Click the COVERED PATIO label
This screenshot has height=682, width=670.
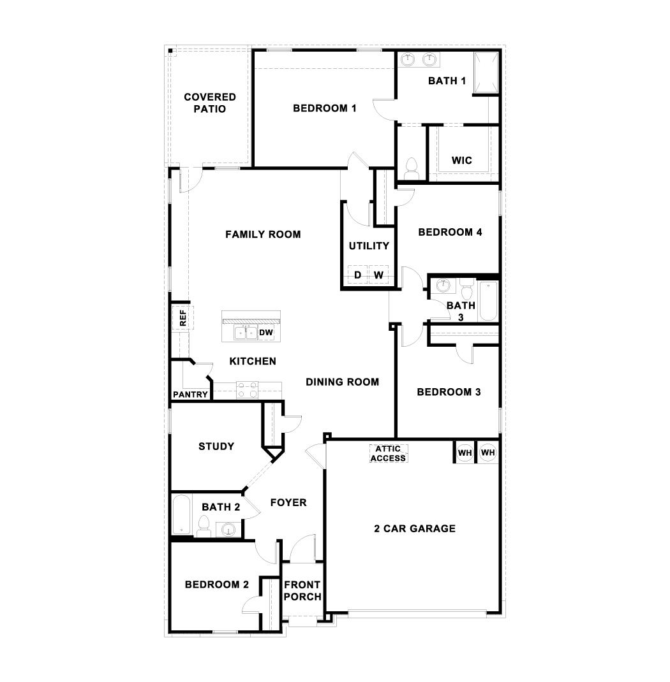pyautogui.click(x=210, y=103)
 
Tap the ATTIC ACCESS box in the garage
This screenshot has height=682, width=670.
pyautogui.click(x=388, y=453)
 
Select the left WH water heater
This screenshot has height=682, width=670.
pyautogui.click(x=465, y=453)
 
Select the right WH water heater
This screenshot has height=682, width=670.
pyautogui.click(x=488, y=453)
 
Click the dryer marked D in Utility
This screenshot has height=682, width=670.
pyautogui.click(x=358, y=275)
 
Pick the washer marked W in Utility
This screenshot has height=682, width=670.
pyautogui.click(x=378, y=275)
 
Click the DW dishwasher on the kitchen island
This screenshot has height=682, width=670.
pyautogui.click(x=266, y=333)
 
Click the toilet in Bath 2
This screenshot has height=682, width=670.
pyautogui.click(x=204, y=525)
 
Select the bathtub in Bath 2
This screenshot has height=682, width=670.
pyautogui.click(x=181, y=515)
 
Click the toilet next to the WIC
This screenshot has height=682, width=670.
pyautogui.click(x=411, y=168)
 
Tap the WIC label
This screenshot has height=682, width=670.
pyautogui.click(x=461, y=160)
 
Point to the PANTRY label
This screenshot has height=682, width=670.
pyautogui.click(x=190, y=395)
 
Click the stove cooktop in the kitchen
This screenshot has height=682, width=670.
pyautogui.click(x=247, y=389)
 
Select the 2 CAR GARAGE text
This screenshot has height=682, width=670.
pyautogui.click(x=415, y=528)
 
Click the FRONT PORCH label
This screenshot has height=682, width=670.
pyautogui.click(x=302, y=591)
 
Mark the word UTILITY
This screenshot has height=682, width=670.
pyautogui.click(x=369, y=246)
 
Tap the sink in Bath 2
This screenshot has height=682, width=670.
pyautogui.click(x=228, y=528)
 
